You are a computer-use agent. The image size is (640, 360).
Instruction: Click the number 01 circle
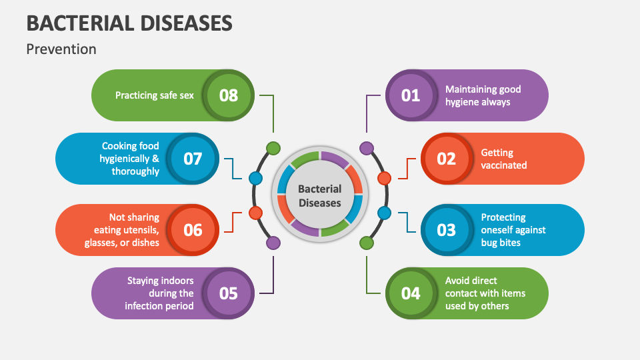[x=411, y=95]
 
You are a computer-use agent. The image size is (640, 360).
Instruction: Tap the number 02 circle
[x=446, y=159]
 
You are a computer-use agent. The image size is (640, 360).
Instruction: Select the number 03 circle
[x=446, y=230]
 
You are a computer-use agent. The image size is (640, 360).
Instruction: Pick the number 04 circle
[x=411, y=293]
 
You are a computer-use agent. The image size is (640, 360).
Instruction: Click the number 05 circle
[x=229, y=293]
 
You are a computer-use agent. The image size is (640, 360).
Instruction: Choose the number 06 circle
[x=193, y=230]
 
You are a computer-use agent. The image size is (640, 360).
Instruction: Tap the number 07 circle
[x=193, y=159]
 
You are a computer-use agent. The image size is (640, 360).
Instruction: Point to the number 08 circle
[x=229, y=95]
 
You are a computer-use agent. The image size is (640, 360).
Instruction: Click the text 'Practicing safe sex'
[x=155, y=95]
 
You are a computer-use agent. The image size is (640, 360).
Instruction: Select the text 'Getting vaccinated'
[x=504, y=159]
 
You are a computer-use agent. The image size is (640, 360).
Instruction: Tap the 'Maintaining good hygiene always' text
[x=483, y=95]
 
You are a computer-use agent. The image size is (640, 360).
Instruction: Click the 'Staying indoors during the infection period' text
[x=160, y=293]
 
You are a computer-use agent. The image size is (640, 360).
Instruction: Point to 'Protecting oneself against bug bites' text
[x=513, y=230]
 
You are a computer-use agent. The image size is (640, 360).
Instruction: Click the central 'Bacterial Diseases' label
[x=319, y=196]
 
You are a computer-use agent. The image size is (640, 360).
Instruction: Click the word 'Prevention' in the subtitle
[x=61, y=49]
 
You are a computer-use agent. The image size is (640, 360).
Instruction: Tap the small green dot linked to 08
[x=273, y=148]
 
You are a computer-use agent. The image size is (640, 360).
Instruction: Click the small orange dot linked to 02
[x=384, y=178]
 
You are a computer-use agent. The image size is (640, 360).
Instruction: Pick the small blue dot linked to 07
[x=255, y=178]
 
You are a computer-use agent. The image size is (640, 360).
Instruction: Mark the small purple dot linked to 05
[x=273, y=243]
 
